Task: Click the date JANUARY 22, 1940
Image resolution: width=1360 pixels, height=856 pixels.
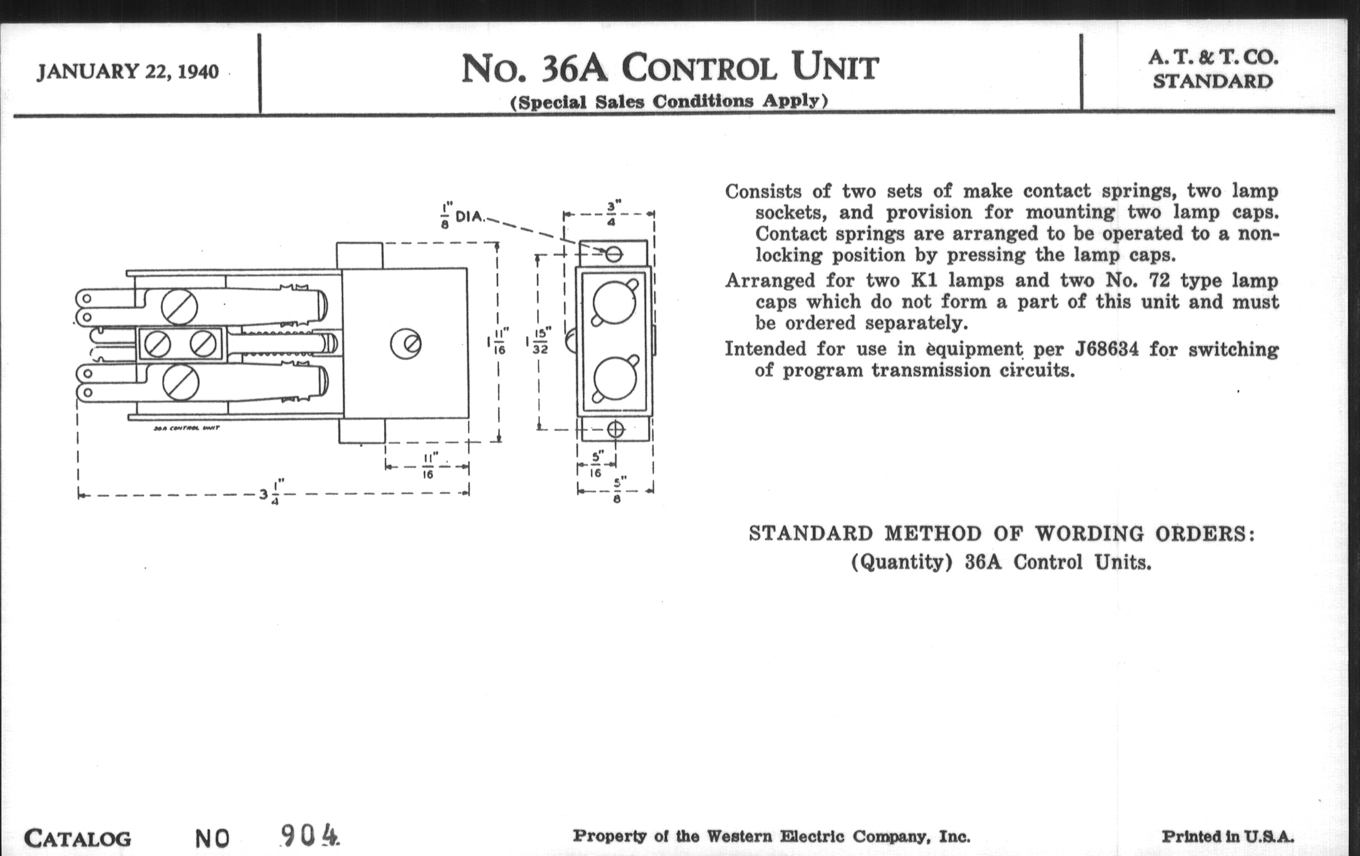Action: (x=127, y=72)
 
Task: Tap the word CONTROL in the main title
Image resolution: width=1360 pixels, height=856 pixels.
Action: (x=699, y=68)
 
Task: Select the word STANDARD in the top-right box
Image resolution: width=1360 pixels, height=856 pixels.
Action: (x=1212, y=82)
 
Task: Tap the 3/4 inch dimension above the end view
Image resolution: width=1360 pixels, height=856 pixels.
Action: (x=611, y=214)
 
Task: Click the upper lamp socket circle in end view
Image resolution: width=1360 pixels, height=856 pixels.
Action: (x=615, y=303)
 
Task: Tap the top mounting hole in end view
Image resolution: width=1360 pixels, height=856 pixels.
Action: (x=614, y=254)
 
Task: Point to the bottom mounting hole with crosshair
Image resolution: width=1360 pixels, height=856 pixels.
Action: (x=616, y=430)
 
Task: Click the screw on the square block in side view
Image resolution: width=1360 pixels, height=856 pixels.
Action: (x=406, y=344)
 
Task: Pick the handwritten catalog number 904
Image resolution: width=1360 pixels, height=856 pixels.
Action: (x=309, y=835)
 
